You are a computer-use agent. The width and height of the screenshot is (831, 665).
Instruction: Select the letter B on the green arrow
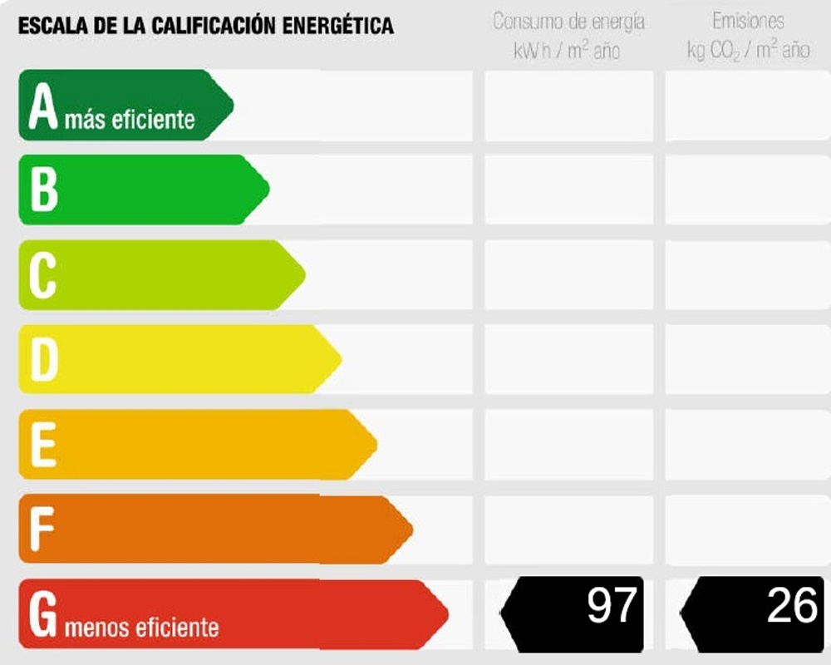[x=43, y=190]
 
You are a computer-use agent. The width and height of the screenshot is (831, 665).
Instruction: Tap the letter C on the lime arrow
[x=42, y=275]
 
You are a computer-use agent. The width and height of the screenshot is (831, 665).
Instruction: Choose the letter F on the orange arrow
[x=42, y=529]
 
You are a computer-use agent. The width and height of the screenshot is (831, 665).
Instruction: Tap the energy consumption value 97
[x=612, y=605]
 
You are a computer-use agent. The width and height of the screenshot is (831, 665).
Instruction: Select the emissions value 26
[x=792, y=605]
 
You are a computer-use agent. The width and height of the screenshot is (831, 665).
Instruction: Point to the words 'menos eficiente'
[x=141, y=626]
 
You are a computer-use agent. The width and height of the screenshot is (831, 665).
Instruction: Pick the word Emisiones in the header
[x=748, y=21]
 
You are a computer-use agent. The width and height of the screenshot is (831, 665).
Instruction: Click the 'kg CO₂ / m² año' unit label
[x=748, y=51]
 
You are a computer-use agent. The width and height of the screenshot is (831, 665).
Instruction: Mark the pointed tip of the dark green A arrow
[x=233, y=105]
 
